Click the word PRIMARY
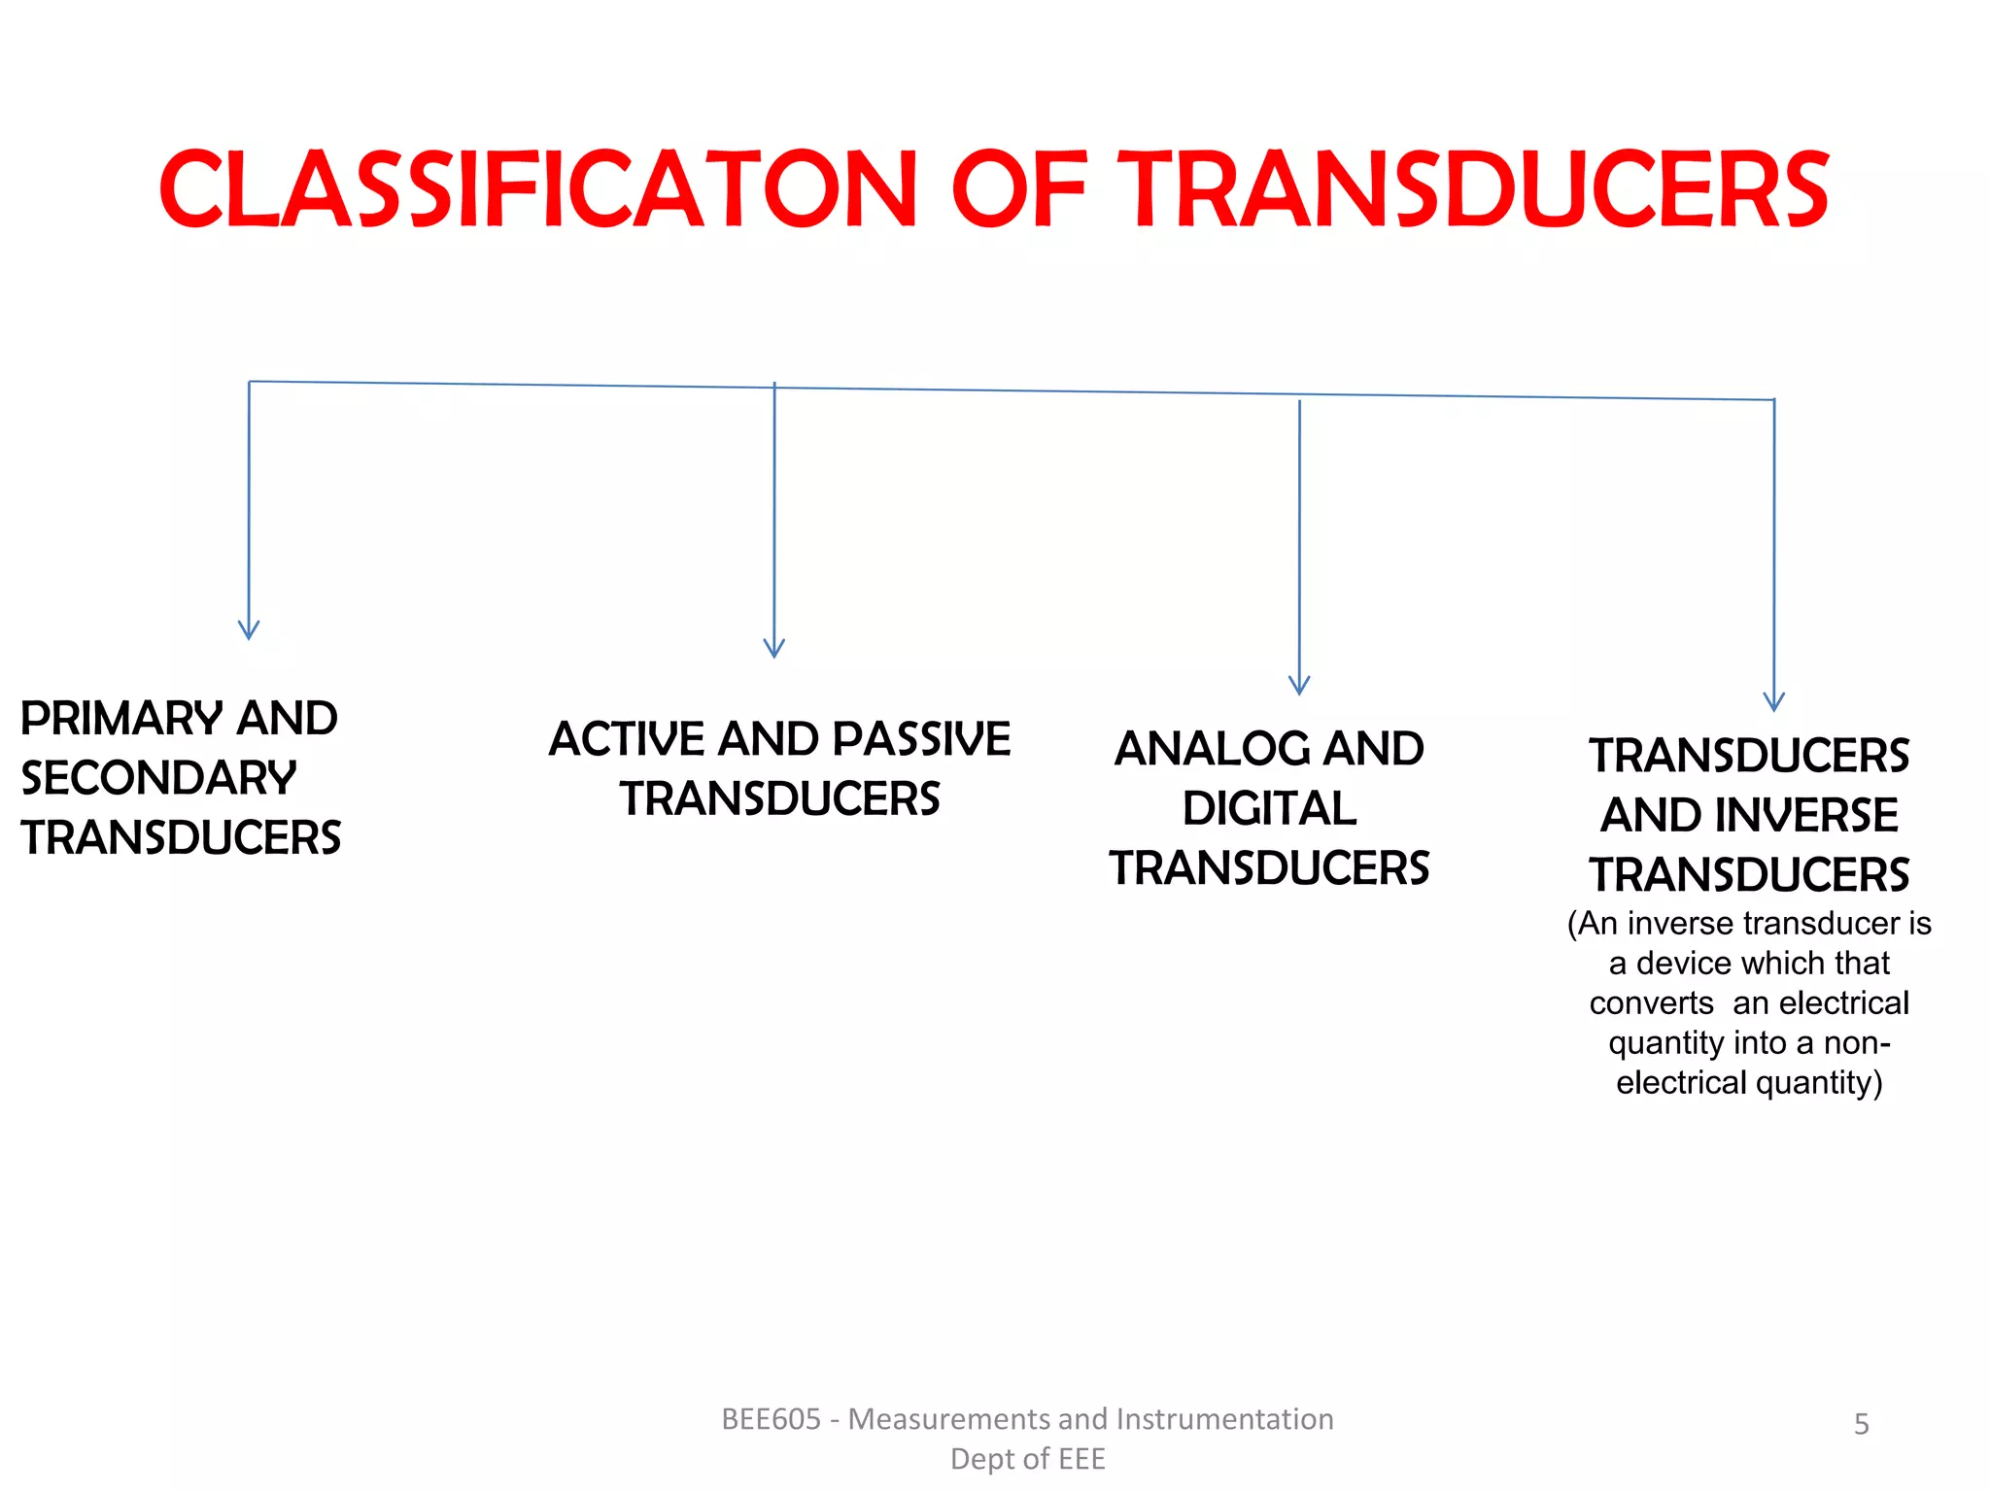coord(122,719)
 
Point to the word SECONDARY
coord(158,778)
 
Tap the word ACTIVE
coord(628,739)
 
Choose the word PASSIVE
coord(921,739)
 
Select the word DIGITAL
coord(1269,809)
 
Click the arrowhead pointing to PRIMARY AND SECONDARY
coord(249,630)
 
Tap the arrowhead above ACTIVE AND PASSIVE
coord(774,648)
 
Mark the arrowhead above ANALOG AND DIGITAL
coord(1299,685)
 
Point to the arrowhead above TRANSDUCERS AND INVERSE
coord(1774,701)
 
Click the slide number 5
coord(1861,1424)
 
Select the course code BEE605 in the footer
coord(772,1419)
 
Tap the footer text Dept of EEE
coord(1027,1459)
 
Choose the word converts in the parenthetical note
coord(1651,1002)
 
